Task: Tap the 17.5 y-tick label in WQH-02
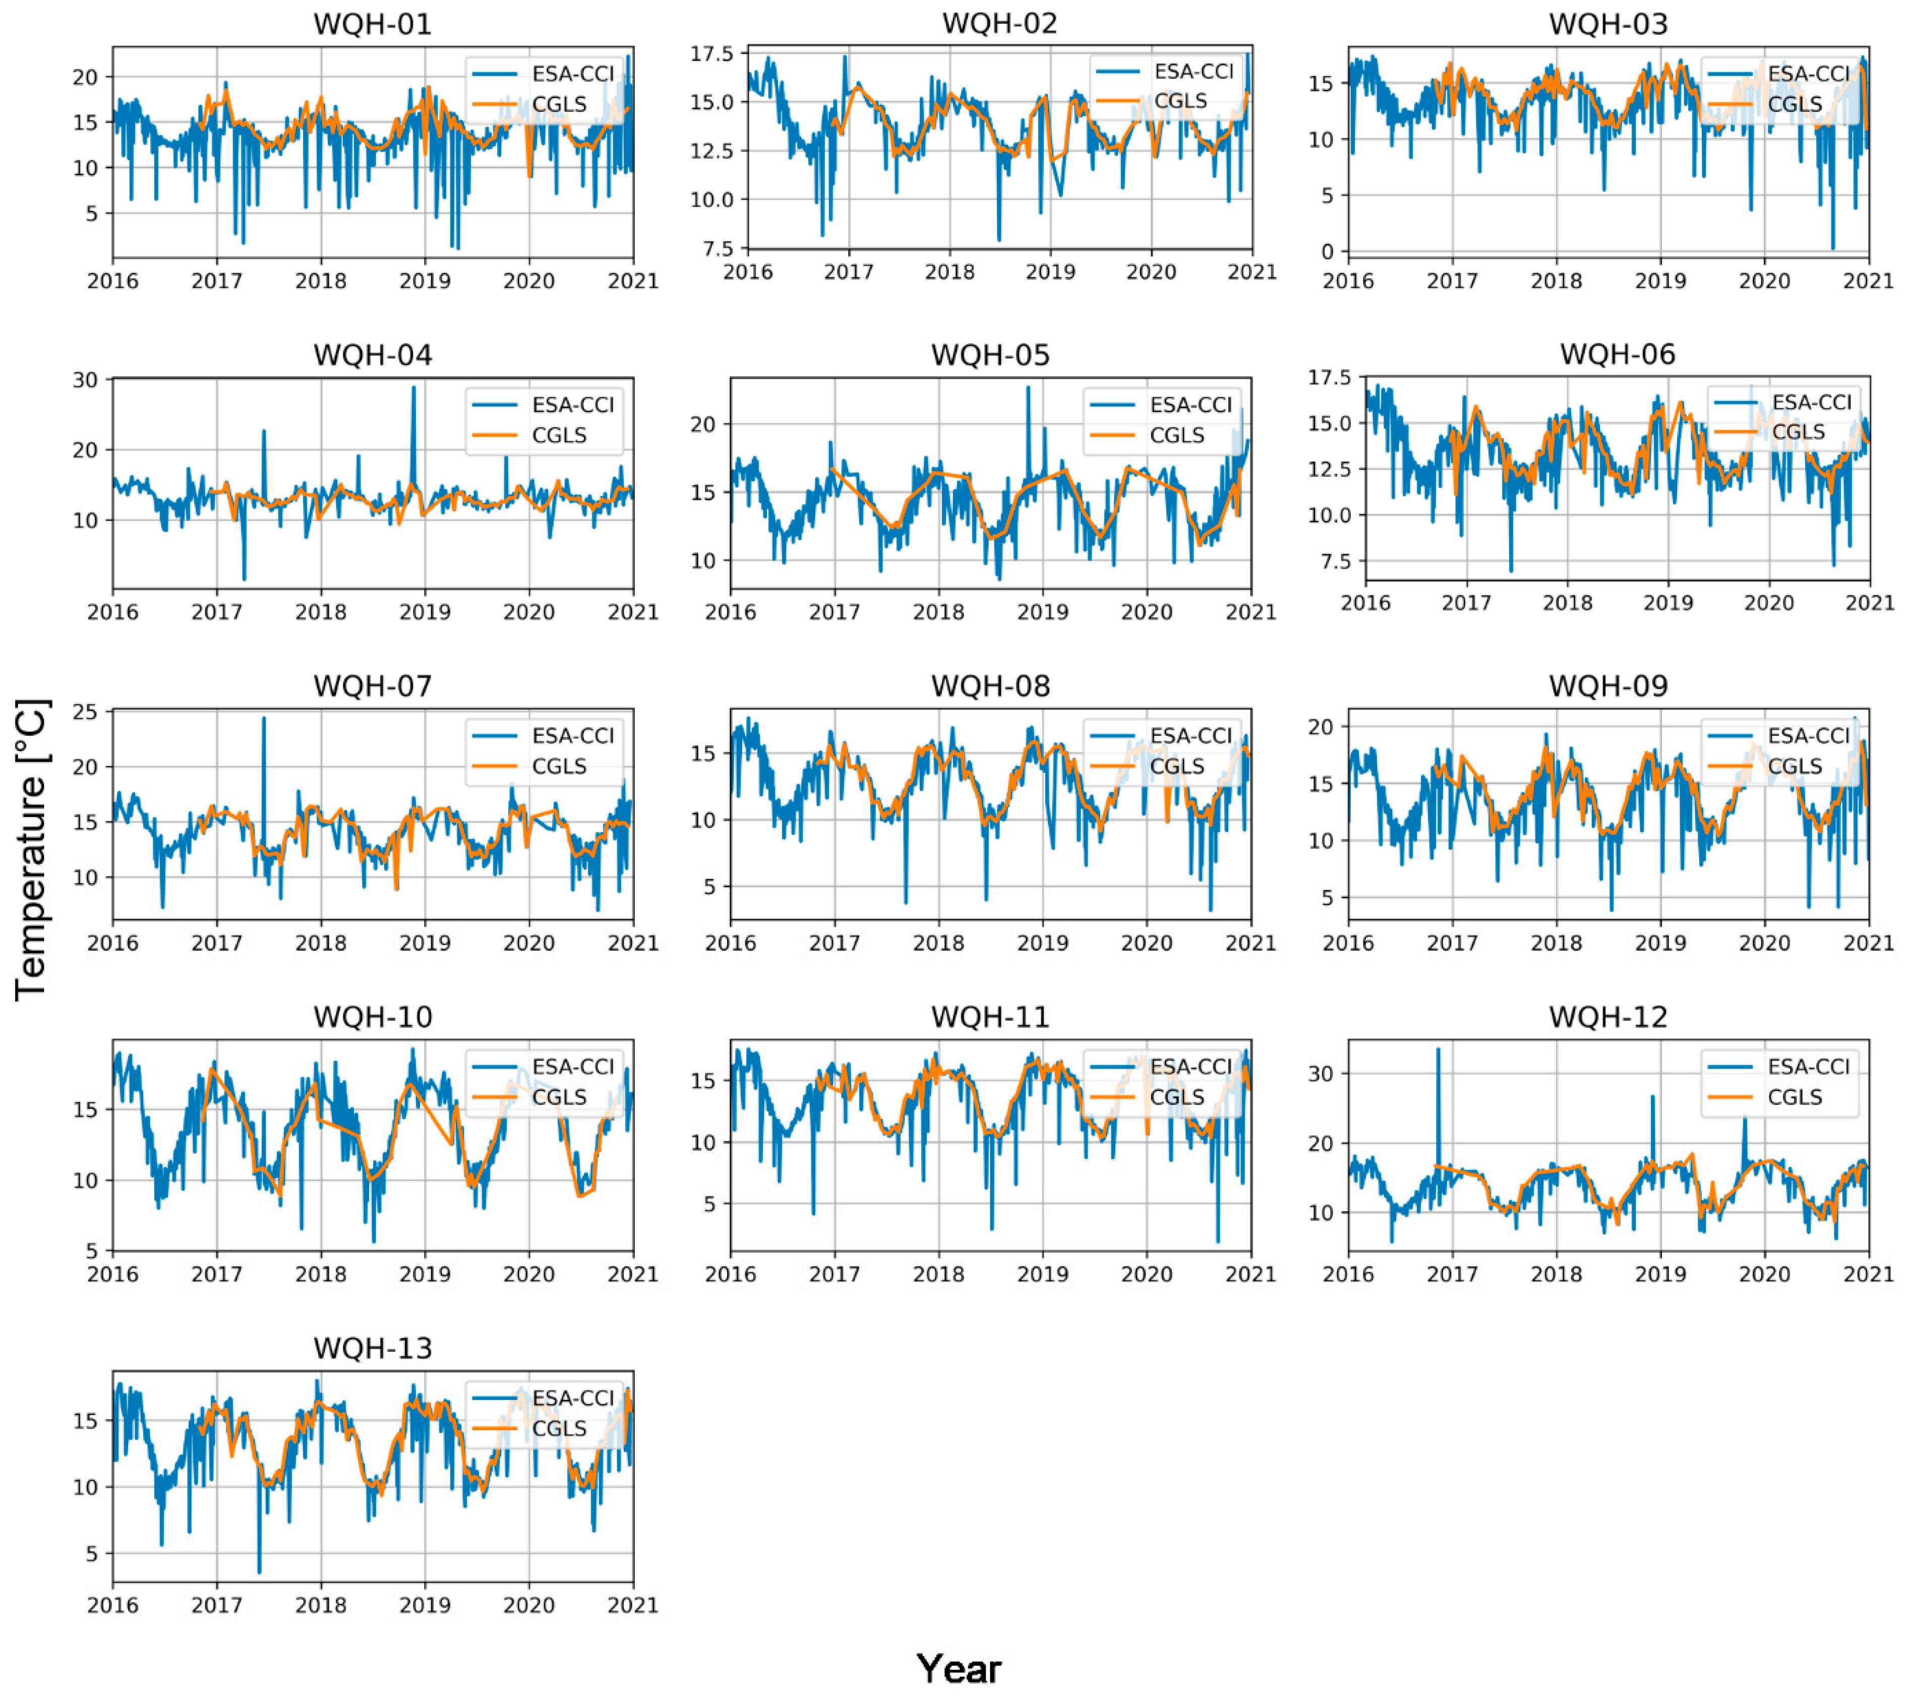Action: pos(712,54)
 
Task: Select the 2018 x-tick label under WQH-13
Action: pos(321,1605)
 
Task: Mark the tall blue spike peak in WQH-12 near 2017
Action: pos(1438,1048)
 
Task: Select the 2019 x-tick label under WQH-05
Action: pos(1042,612)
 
